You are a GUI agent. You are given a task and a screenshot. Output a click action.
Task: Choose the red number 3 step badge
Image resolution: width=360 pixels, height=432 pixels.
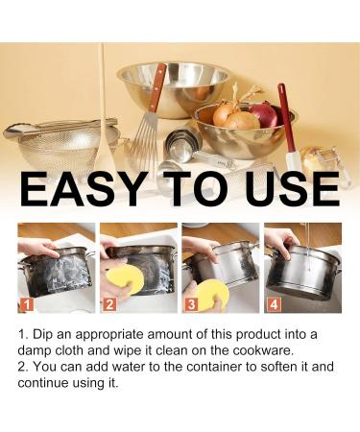click(x=191, y=305)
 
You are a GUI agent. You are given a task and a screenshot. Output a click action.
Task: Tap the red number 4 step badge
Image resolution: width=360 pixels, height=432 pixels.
click(x=275, y=305)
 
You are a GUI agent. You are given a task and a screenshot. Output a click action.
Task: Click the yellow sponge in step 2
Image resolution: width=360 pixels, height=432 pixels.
click(x=123, y=281)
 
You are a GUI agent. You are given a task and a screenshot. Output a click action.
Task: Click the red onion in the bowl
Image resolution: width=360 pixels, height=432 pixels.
click(x=264, y=116)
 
